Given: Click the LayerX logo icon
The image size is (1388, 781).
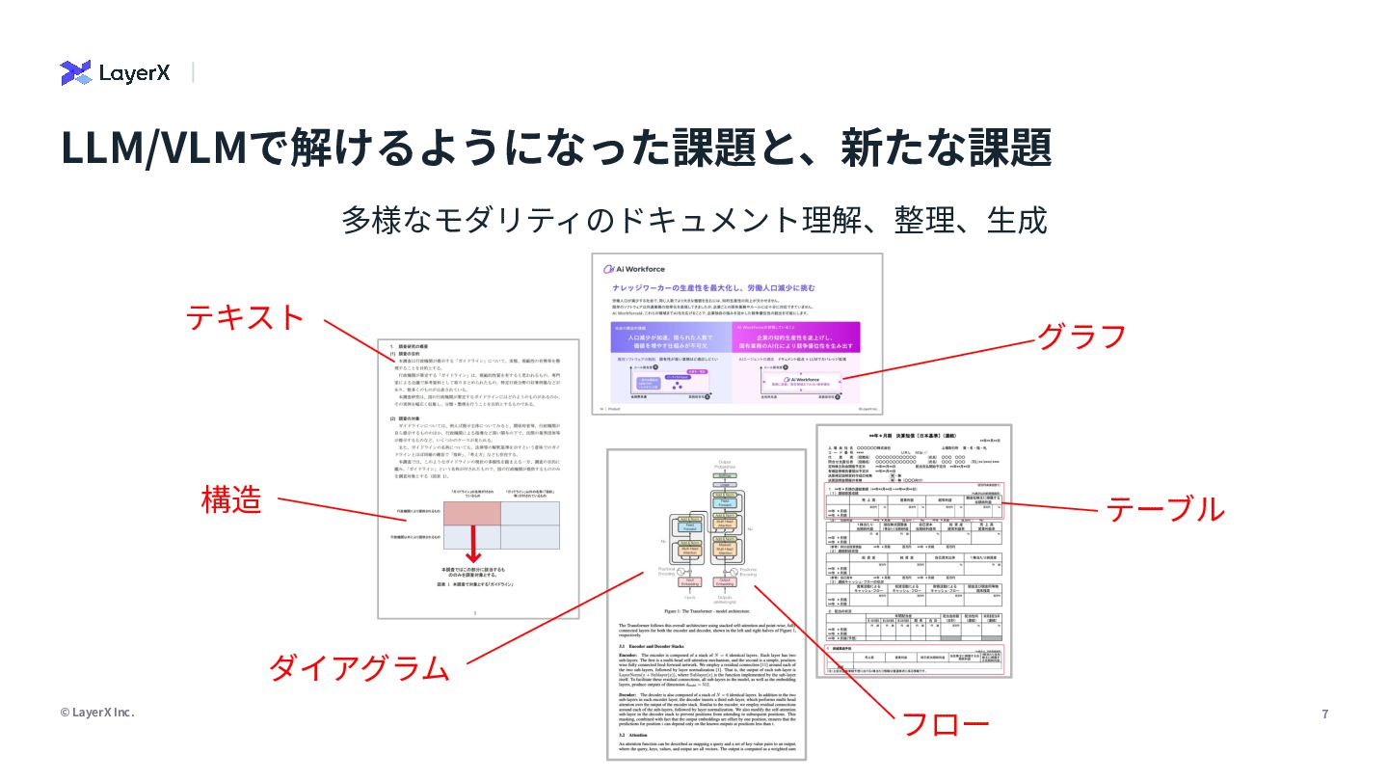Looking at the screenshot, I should click(x=75, y=72).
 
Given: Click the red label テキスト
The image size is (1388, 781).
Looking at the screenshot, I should click(x=245, y=317).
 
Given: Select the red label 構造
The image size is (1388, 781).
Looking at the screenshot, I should click(x=230, y=498).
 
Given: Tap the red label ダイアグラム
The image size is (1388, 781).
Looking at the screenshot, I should click(x=359, y=667).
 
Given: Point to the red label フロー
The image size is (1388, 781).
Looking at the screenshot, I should click(x=944, y=724).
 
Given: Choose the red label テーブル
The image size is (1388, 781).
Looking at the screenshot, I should click(x=1164, y=508).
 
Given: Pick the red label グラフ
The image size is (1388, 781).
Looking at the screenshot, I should click(x=1081, y=337).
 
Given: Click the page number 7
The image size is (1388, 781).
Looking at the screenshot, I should click(x=1324, y=714).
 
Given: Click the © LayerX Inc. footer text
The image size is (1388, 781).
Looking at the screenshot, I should click(x=97, y=713).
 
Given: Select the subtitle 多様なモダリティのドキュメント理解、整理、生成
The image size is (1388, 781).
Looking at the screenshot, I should click(x=694, y=220).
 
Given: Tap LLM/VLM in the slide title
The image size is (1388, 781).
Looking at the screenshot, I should click(x=154, y=148).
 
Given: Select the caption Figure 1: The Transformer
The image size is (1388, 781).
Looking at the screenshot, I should click(x=707, y=610).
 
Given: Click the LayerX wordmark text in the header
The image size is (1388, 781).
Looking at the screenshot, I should click(x=134, y=72).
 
